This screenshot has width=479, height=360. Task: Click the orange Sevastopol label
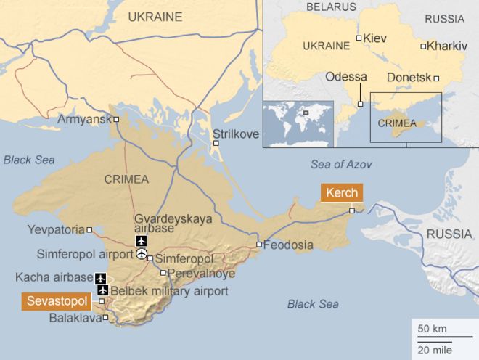pyautogui.click(x=57, y=300)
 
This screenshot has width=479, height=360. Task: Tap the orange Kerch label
pyautogui.click(x=340, y=194)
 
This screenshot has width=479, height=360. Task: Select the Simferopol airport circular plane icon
pyautogui.click(x=141, y=254)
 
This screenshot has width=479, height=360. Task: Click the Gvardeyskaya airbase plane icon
pyautogui.click(x=141, y=241)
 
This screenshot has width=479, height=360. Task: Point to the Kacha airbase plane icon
pyautogui.click(x=101, y=277)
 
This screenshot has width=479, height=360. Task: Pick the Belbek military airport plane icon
pyautogui.click(x=102, y=290)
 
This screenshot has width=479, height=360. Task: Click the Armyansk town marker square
pyautogui.click(x=116, y=118)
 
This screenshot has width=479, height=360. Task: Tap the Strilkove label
pyautogui.click(x=235, y=134)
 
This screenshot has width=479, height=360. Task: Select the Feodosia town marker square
pyautogui.click(x=258, y=245)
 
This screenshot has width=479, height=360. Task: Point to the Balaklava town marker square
pyautogui.click(x=106, y=317)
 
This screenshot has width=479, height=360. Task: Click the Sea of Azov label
pyautogui.click(x=341, y=164)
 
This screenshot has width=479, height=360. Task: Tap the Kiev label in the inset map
pyautogui.click(x=375, y=37)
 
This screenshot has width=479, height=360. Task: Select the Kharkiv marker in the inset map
pyautogui.click(x=423, y=46)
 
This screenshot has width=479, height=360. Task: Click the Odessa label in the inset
pyautogui.click(x=346, y=76)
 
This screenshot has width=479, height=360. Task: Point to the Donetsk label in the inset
pyautogui.click(x=409, y=76)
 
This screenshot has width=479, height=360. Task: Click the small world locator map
pyautogui.click(x=298, y=123)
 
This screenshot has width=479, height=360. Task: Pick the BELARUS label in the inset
pyautogui.click(x=331, y=7)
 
